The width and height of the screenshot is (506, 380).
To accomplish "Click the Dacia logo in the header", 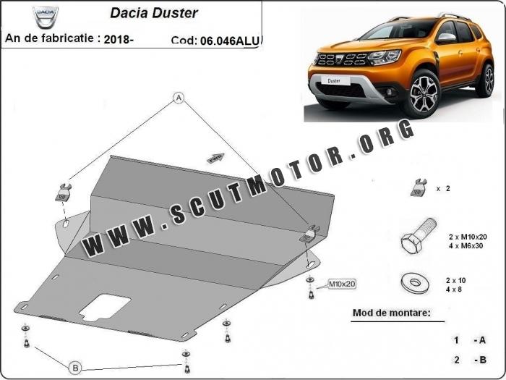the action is (46, 16).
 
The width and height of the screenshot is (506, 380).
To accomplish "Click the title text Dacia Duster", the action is (154, 13).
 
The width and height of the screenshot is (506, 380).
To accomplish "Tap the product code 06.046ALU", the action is (230, 41).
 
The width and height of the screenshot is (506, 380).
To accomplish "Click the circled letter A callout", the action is (179, 98).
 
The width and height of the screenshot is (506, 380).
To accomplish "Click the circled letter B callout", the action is (75, 368).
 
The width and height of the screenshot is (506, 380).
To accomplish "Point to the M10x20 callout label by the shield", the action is (342, 284).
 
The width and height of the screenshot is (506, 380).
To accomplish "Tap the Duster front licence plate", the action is (334, 80).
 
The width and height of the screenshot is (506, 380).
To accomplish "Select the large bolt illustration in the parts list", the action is (418, 236).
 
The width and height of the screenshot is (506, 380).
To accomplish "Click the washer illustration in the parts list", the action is (416, 284).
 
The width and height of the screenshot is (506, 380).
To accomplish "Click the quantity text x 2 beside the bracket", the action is (443, 188).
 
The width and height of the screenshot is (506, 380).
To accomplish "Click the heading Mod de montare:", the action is (392, 313).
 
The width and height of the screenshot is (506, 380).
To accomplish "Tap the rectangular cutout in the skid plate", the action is (106, 308).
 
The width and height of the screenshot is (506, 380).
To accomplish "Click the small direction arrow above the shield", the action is (215, 158).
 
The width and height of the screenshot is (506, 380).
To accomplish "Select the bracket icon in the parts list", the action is (419, 187).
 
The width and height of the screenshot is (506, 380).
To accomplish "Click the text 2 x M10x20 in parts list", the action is (468, 237).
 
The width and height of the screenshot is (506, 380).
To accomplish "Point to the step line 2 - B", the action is (470, 360).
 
